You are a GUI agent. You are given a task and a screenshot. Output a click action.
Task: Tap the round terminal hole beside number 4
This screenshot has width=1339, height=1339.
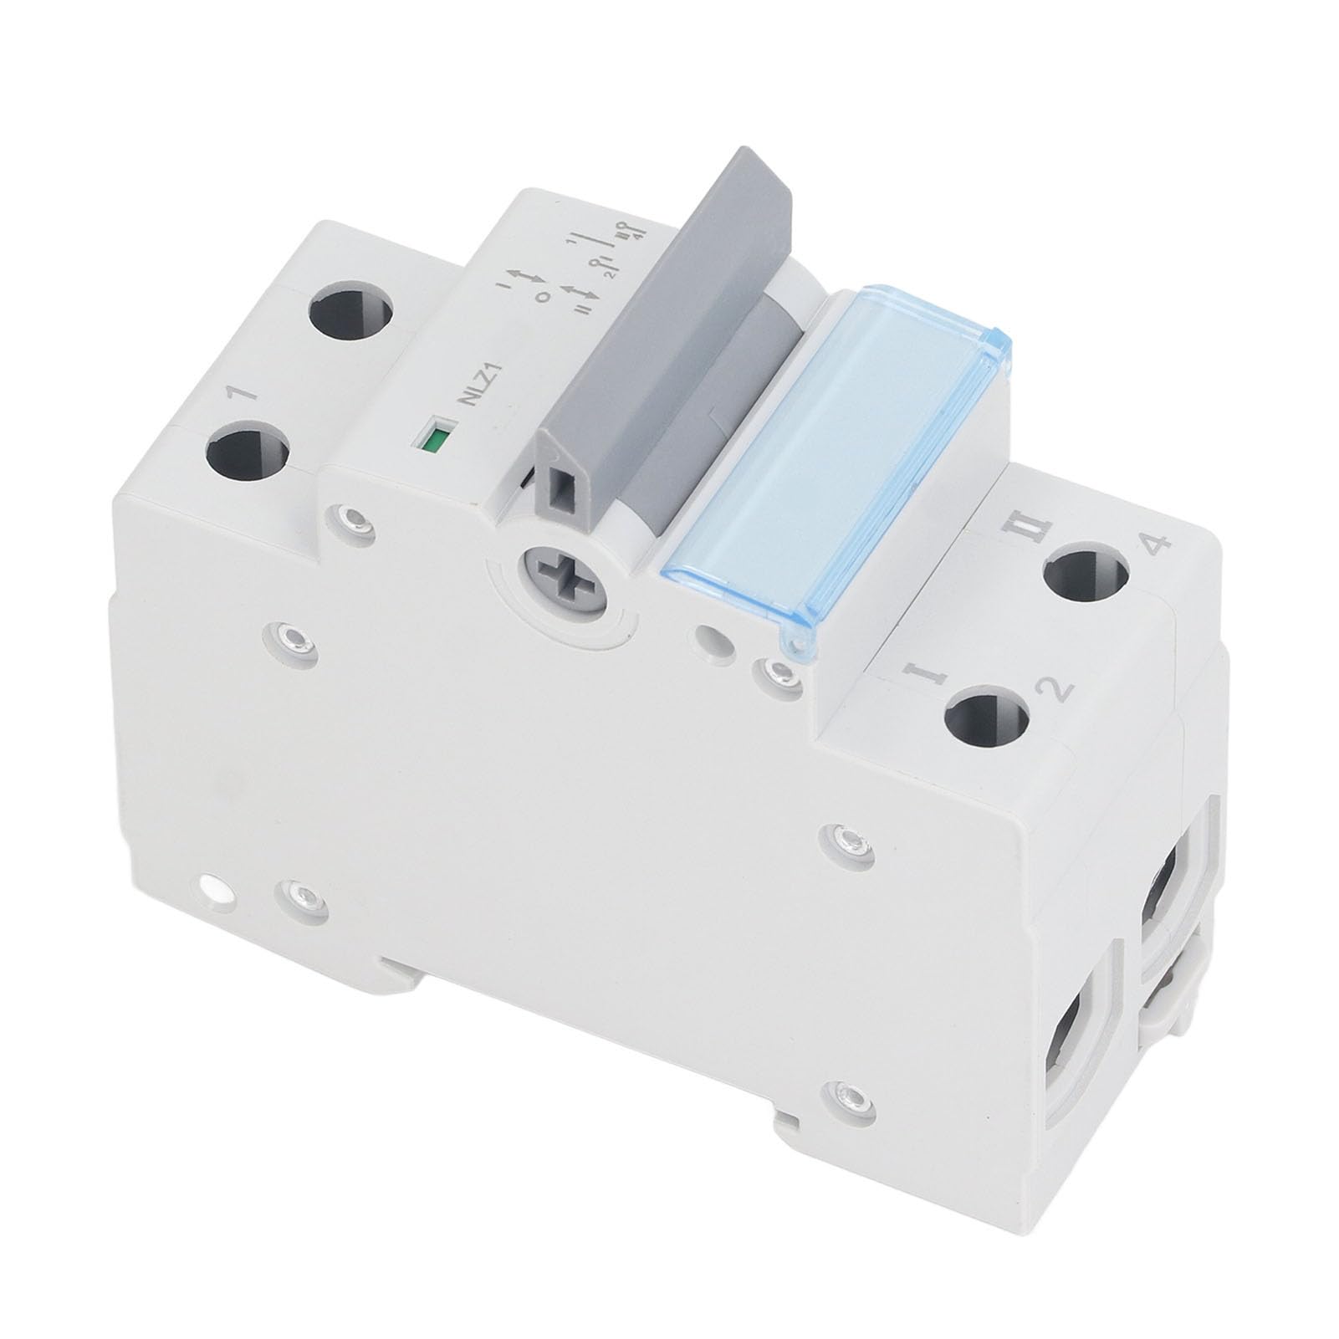1086,578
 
